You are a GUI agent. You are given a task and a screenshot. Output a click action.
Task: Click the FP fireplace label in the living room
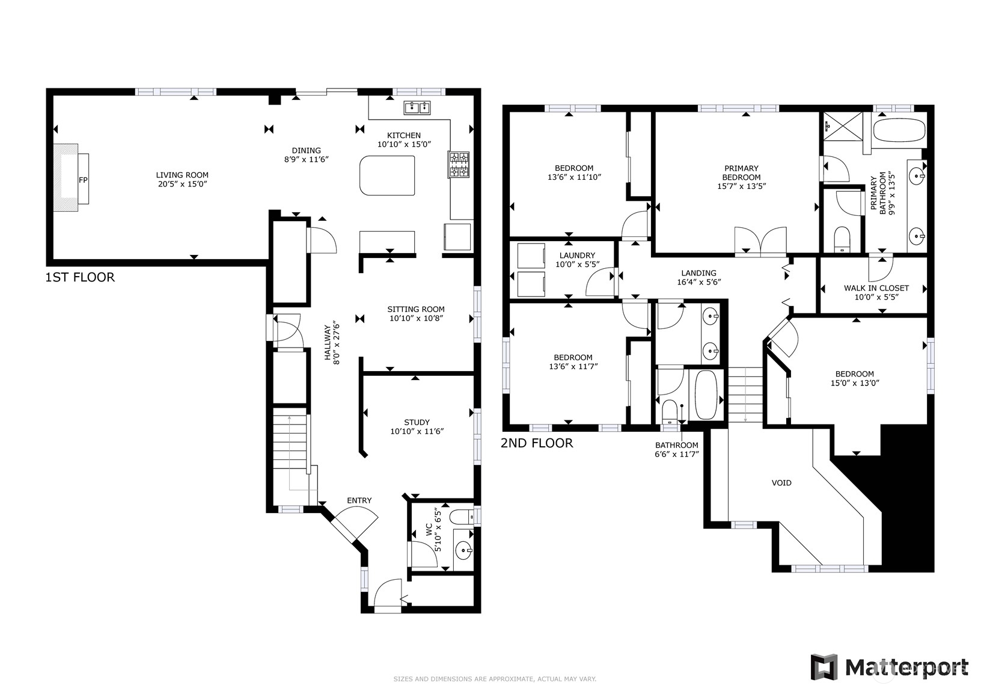click(83, 180)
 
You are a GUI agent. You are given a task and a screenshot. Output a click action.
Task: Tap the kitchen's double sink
click(417, 108)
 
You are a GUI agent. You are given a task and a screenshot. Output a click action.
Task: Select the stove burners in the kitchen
click(459, 165)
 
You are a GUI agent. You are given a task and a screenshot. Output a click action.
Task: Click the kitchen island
click(387, 176)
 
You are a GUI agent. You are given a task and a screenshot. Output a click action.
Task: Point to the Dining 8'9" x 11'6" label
click(307, 155)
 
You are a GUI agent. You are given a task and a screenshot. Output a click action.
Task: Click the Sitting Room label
click(416, 309)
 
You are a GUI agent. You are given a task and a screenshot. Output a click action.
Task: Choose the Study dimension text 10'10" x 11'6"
click(417, 431)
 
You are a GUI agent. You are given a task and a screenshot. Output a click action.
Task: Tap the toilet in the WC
click(462, 517)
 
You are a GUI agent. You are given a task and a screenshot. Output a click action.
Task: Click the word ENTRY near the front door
click(359, 500)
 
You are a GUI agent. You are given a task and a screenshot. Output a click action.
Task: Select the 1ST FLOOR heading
click(80, 277)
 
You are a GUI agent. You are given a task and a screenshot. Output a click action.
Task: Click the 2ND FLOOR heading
click(537, 443)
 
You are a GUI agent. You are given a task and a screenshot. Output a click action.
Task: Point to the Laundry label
click(577, 255)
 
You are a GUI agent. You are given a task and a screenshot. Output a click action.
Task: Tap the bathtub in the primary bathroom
click(899, 130)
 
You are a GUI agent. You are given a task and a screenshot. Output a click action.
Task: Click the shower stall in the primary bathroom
click(842, 126)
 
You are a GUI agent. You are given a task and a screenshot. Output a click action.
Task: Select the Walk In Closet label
click(876, 288)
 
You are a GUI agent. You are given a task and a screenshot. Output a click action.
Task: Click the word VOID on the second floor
click(781, 483)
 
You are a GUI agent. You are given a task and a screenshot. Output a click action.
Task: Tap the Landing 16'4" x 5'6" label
click(698, 277)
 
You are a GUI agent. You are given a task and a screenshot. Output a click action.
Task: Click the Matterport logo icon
click(824, 667)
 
